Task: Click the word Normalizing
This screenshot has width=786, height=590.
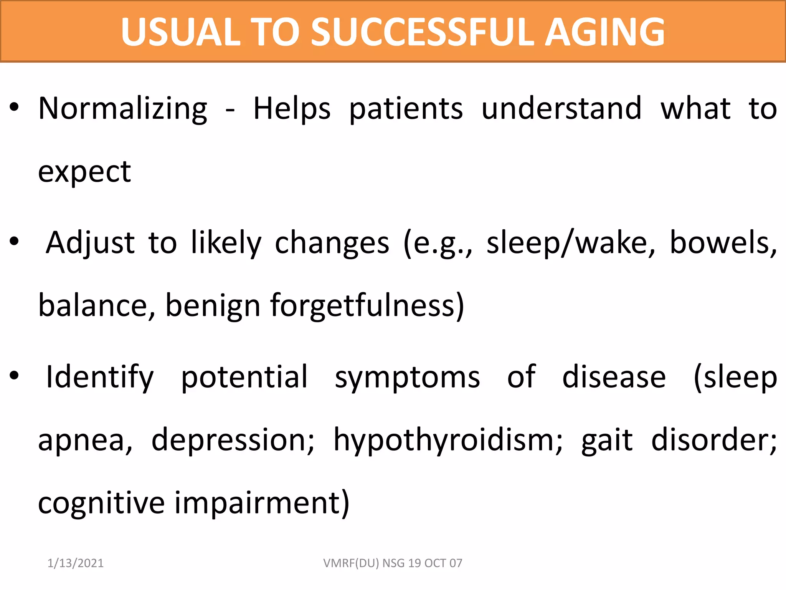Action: pos(123,109)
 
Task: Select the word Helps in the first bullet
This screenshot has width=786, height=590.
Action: pos(292,109)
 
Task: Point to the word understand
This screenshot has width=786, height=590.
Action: pos(561,109)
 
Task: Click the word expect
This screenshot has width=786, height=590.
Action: pos(84,172)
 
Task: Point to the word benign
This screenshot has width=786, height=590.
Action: pos(213,306)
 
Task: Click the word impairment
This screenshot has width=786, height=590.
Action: pos(262,504)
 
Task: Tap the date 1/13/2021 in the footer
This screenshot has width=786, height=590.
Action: pos(76,563)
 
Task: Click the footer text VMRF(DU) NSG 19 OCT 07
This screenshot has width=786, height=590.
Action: pos(393,563)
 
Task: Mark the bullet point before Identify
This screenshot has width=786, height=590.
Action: pos(14,376)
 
